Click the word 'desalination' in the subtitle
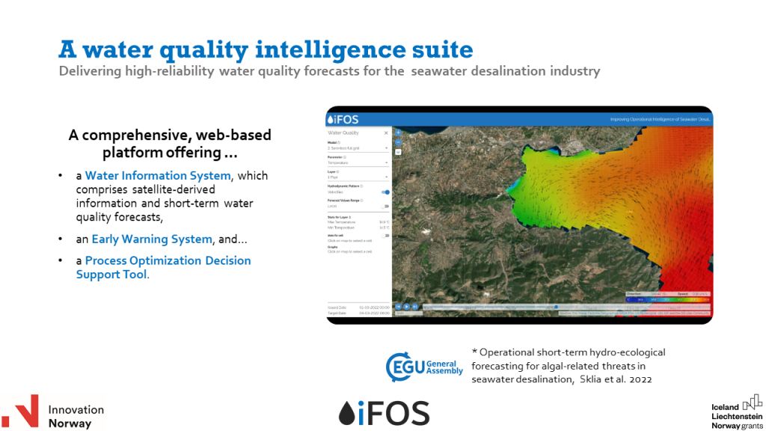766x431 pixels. [496, 72]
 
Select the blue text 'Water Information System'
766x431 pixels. [158, 176]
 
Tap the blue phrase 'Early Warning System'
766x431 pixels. [152, 239]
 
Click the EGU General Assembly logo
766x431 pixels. [424, 366]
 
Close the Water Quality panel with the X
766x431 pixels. [386, 133]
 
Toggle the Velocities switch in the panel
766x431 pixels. [385, 192]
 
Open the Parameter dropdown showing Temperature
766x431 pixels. [358, 162]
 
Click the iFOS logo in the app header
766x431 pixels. [343, 119]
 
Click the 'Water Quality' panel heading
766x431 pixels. [343, 133]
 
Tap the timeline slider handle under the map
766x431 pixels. [556, 306]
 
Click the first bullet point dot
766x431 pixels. [61, 177]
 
